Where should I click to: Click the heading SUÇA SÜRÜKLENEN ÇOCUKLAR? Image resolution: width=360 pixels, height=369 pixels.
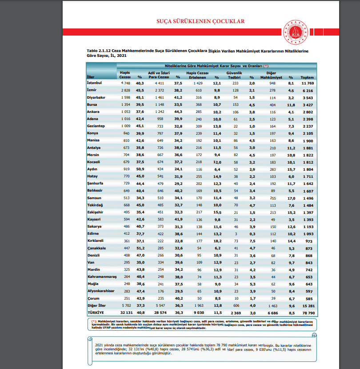click(x=200, y=21)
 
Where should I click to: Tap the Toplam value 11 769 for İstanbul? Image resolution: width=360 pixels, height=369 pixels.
click(x=307, y=83)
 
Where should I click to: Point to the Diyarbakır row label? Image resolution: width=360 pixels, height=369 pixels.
click(x=97, y=97)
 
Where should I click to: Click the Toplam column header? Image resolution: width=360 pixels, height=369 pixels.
click(x=307, y=77)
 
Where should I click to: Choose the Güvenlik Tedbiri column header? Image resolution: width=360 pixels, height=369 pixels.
click(x=234, y=74)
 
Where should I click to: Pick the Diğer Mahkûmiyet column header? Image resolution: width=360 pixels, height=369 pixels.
click(x=272, y=74)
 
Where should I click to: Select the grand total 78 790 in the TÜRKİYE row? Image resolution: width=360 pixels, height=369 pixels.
click(x=307, y=313)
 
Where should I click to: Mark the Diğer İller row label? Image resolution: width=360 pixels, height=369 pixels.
click(x=97, y=306)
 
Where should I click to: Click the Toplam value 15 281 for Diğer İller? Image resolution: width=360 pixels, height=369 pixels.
click(x=307, y=306)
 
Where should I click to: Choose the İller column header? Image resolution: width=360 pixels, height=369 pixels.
click(x=91, y=77)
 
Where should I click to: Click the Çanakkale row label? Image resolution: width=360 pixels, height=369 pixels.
click(x=96, y=249)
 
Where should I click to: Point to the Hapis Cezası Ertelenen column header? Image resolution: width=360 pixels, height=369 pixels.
click(x=196, y=74)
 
